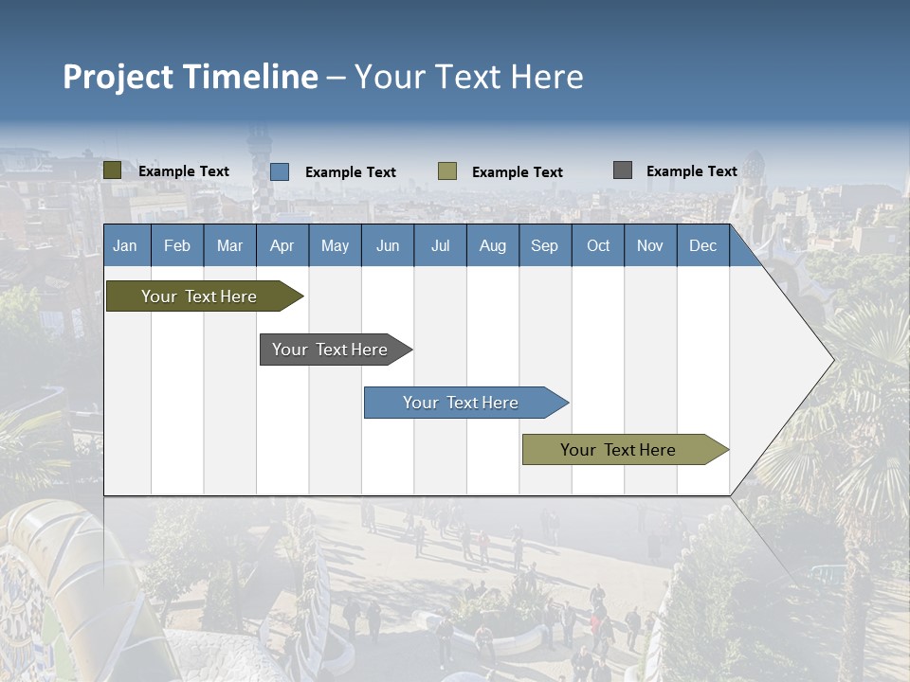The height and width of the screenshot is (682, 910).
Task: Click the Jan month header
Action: [x=125, y=246]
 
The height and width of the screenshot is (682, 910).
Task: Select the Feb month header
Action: [x=177, y=246]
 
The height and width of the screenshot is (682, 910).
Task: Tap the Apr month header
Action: [x=282, y=246]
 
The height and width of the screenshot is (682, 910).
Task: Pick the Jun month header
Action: [x=387, y=246]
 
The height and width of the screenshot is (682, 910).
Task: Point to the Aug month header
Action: [x=492, y=246]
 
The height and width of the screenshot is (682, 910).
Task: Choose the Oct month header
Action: [x=598, y=246]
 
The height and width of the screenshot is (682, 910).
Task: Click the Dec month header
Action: [x=702, y=246]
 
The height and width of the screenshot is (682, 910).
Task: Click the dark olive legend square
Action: [x=113, y=170]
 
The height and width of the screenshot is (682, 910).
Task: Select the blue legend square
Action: [x=280, y=171]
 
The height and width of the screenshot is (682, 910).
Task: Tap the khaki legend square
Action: [x=447, y=171]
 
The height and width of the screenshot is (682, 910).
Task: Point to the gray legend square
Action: [x=623, y=170]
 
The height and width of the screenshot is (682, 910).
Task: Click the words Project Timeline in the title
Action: [x=191, y=77]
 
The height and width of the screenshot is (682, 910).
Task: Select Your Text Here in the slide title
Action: [x=469, y=77]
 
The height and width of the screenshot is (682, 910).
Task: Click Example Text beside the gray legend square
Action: [x=691, y=171]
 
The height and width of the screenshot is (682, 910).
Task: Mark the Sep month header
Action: [x=544, y=246]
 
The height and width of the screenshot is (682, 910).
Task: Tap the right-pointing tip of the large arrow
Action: [x=830, y=360]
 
